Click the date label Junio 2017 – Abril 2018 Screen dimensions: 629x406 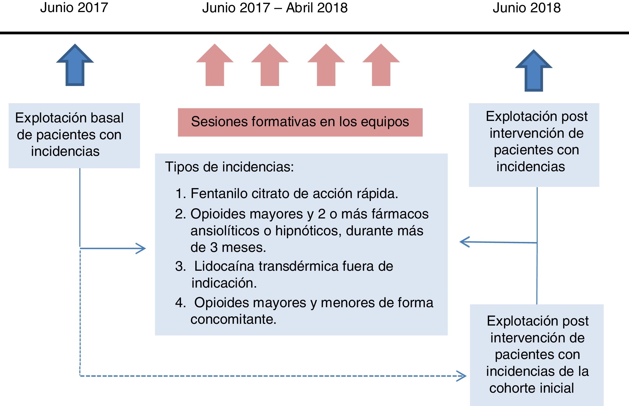[x=275, y=8]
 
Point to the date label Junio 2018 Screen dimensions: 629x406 [x=527, y=8]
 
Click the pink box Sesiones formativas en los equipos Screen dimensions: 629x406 [x=300, y=122]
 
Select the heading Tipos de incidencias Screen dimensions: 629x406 [x=229, y=167]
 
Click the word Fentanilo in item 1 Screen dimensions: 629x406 [x=219, y=194]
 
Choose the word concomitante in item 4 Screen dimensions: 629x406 [x=233, y=319]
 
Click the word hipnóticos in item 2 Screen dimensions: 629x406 [x=308, y=231]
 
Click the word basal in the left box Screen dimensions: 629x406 [x=107, y=118]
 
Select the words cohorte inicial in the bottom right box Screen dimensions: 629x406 [x=531, y=388]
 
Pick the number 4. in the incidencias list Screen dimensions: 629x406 [x=180, y=303]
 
